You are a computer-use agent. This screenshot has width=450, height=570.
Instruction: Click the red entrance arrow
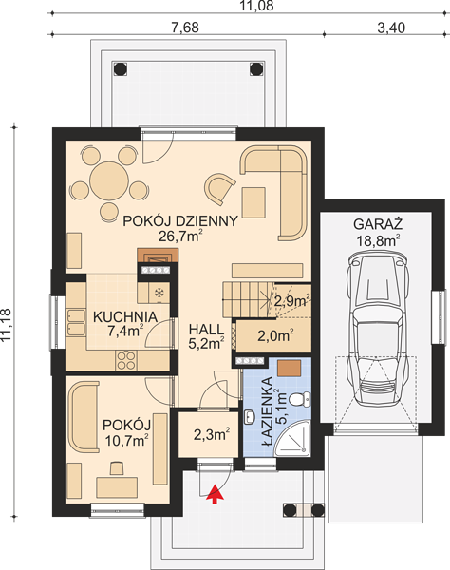tap(215, 494)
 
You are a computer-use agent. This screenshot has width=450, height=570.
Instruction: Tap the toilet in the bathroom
tap(301, 399)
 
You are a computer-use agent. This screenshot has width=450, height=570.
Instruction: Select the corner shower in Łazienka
tap(293, 438)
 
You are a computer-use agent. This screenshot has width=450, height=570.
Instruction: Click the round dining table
tap(109, 180)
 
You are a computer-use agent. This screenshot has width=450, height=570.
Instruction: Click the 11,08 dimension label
tap(257, 6)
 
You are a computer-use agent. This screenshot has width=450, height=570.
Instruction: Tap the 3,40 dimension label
tap(391, 28)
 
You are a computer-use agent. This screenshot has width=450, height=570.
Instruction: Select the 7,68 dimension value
tap(185, 28)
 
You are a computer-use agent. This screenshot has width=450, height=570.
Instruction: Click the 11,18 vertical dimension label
tap(7, 325)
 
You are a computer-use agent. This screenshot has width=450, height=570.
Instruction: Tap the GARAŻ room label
tap(378, 224)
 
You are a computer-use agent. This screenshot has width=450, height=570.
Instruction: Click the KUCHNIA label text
tap(125, 317)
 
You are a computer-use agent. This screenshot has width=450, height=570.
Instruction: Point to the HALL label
tap(206, 330)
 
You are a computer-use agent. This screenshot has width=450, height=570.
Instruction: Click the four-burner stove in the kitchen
tap(125, 360)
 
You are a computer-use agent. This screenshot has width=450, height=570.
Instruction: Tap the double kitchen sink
tap(76, 322)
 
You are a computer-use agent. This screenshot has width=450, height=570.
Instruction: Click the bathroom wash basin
tap(250, 417)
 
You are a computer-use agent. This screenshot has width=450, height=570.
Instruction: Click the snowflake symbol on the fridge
tap(159, 294)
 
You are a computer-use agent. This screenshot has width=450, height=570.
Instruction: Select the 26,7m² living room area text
tap(180, 237)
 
